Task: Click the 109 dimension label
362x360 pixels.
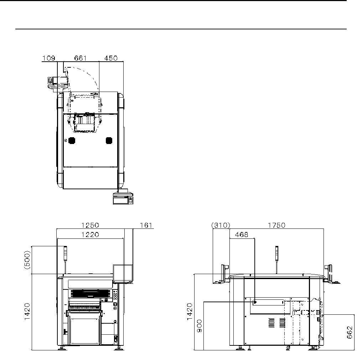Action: [49, 58]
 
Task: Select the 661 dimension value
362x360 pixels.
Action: [80, 58]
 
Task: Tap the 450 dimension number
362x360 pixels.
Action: [111, 58]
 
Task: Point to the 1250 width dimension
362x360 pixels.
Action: [90, 225]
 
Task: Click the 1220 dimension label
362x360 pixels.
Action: [90, 235]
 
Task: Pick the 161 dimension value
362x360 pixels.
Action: [146, 225]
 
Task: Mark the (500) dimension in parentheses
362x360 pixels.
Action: [27, 260]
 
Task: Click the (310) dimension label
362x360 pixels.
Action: [221, 225]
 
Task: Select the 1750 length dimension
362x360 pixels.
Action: [276, 225]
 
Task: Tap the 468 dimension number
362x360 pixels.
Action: [242, 235]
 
